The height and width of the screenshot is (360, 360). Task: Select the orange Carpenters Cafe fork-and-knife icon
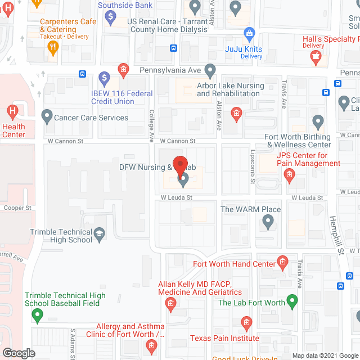[x=54, y=48]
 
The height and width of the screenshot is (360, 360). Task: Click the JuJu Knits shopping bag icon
[x=248, y=34]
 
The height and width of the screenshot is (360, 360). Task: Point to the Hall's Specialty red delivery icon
[x=316, y=56]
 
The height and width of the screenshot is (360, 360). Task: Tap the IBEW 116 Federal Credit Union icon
[x=103, y=77]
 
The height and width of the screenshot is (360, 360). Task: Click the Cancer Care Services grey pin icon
[x=47, y=118]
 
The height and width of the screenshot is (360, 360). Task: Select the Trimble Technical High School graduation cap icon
[x=100, y=235]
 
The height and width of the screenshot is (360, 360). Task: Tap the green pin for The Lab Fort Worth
[x=292, y=303]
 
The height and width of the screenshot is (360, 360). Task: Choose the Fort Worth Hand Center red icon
[x=282, y=263]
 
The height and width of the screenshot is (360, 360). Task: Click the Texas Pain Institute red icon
[x=246, y=323]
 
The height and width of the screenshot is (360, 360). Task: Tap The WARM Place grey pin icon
[x=268, y=223]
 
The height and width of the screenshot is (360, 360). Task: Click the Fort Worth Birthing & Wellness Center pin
[x=318, y=121]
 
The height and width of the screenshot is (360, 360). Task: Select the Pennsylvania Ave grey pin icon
[x=210, y=71]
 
